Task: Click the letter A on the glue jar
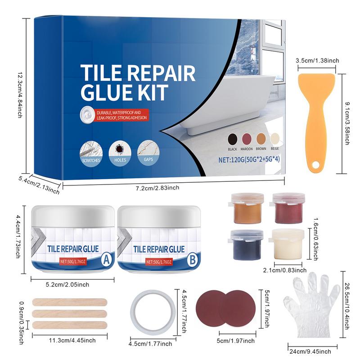click(107, 259)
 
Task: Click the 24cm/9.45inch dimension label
click(310, 351)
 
